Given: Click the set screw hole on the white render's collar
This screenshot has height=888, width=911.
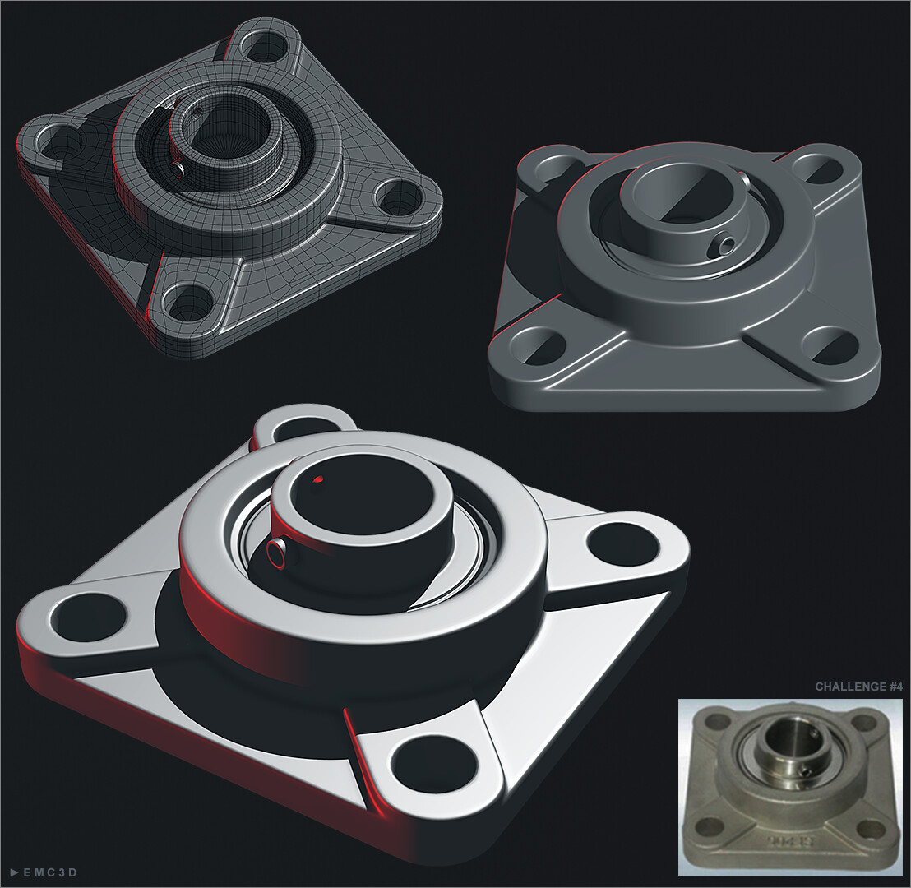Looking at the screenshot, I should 277,554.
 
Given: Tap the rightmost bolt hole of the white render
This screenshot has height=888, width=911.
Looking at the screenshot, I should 623,544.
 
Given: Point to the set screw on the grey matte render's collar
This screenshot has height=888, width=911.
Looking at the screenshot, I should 724,245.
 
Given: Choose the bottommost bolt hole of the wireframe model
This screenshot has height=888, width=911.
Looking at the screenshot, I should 188,303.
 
